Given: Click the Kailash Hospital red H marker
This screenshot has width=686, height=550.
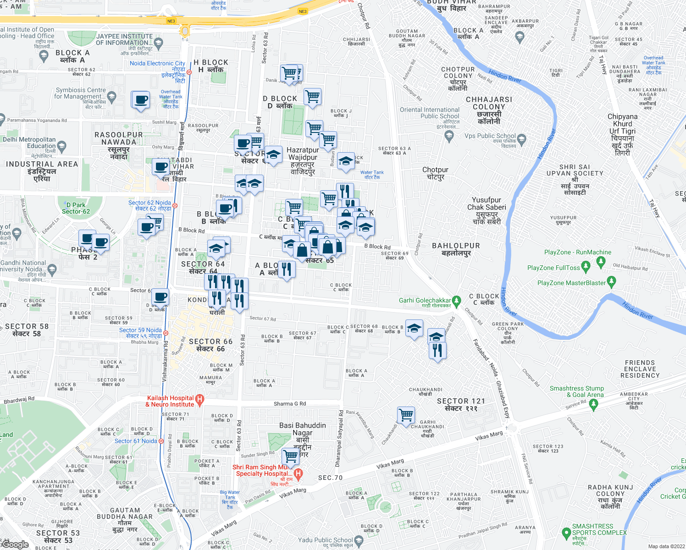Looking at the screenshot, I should (x=199, y=400).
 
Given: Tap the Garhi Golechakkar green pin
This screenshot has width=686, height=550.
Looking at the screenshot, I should (x=456, y=301).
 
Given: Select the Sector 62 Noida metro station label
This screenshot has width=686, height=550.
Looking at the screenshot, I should (x=149, y=205).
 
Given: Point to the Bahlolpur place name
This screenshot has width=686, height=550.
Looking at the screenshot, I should (x=456, y=249).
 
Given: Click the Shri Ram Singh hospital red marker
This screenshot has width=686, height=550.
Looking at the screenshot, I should (x=298, y=474).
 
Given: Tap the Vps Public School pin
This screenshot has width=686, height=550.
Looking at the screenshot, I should (x=521, y=138).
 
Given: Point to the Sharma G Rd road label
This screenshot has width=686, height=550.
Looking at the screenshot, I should (x=289, y=404).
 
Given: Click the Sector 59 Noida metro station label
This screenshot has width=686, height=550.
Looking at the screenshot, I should (x=140, y=333).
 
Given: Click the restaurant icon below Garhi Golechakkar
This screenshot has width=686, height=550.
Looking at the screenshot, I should (x=437, y=351).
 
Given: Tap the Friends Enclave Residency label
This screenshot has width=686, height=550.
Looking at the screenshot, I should (x=640, y=369).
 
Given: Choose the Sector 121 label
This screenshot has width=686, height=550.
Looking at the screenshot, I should (x=461, y=404).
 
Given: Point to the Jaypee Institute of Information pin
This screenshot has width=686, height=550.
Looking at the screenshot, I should (x=159, y=44).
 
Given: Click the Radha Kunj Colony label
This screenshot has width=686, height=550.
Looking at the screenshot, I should (x=610, y=497).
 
